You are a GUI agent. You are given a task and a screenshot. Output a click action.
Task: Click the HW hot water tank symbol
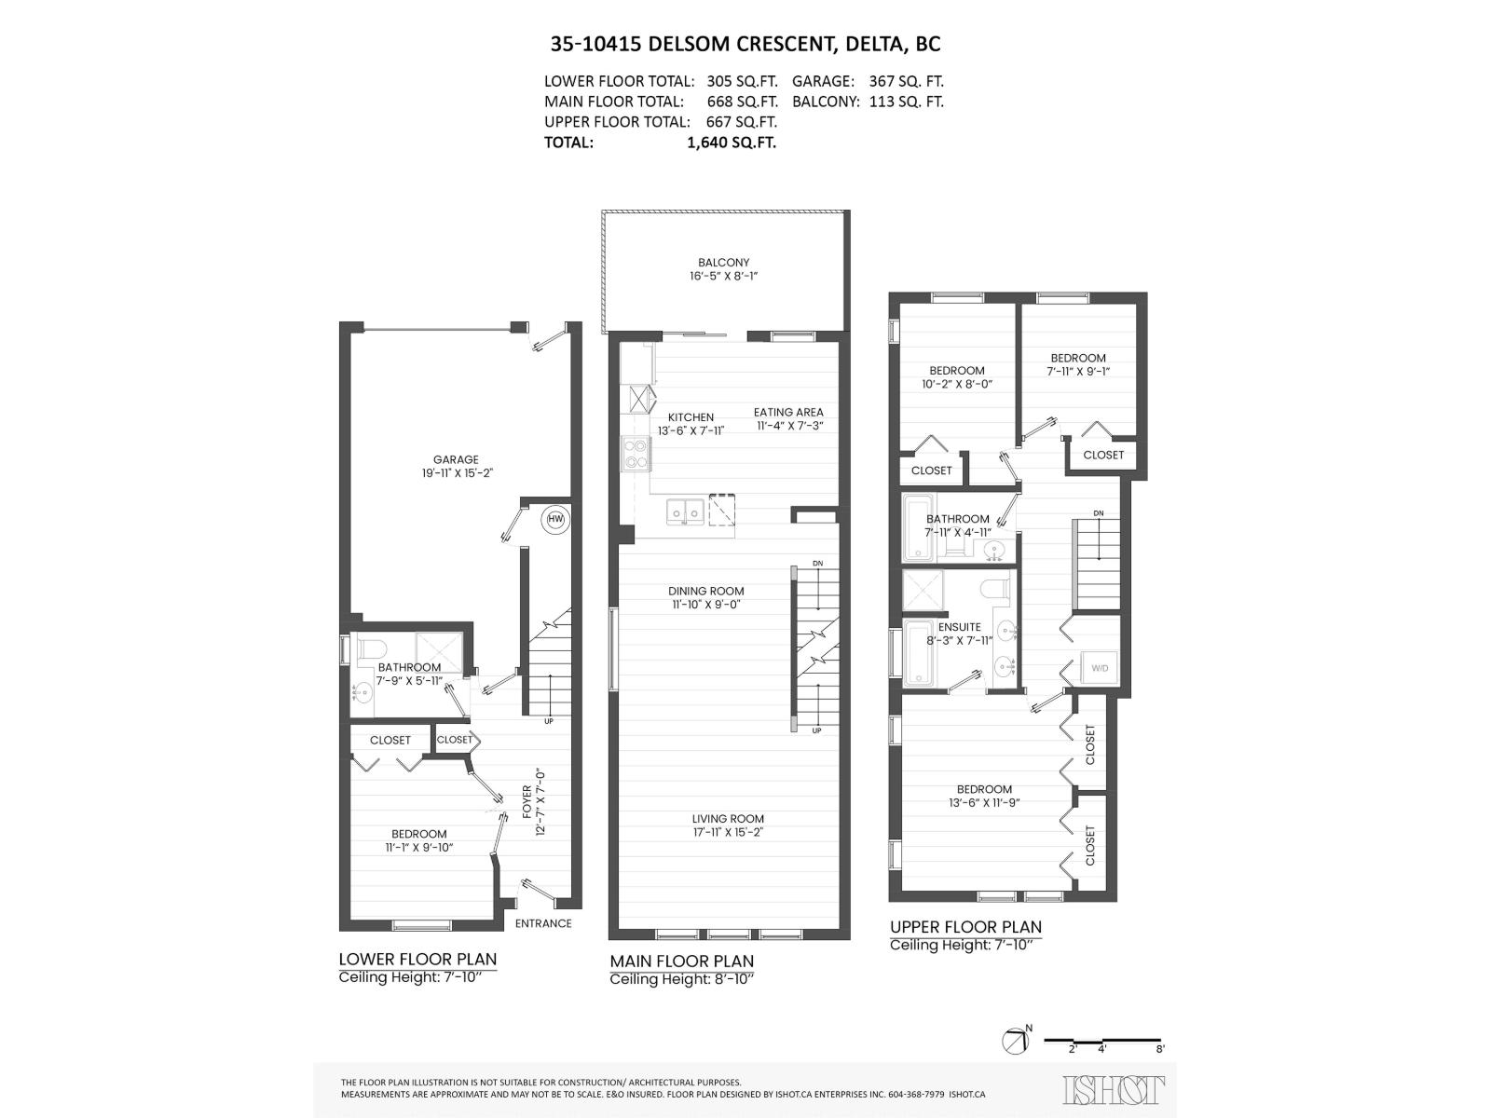(x=555, y=519)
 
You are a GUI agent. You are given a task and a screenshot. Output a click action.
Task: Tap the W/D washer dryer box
(x=1100, y=668)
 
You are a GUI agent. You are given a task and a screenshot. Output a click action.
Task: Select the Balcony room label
(x=723, y=263)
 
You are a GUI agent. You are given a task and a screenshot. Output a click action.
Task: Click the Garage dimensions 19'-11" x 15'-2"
(x=456, y=473)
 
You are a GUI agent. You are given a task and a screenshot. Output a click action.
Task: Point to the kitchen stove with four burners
(x=636, y=454)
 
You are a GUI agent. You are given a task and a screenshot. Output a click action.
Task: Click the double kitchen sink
(x=686, y=511)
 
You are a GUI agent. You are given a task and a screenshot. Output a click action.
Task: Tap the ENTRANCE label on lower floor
(x=543, y=923)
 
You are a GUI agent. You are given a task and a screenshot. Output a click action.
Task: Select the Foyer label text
(x=527, y=801)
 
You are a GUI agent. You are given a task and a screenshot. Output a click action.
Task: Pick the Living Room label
(x=728, y=819)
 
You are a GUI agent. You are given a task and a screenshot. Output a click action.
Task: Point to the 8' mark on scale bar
(x=1159, y=1048)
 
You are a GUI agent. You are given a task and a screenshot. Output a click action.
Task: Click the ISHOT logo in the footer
(x=1114, y=1088)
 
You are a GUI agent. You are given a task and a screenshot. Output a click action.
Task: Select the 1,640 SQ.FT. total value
(x=732, y=143)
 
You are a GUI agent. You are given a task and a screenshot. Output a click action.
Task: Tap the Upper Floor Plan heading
(x=965, y=927)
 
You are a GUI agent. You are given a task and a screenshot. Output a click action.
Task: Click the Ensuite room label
(x=959, y=627)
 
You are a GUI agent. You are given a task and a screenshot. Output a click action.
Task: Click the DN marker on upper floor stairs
(x=1099, y=513)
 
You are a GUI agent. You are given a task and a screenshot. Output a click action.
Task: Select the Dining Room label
(x=705, y=591)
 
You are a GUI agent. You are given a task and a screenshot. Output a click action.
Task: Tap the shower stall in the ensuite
(x=923, y=590)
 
